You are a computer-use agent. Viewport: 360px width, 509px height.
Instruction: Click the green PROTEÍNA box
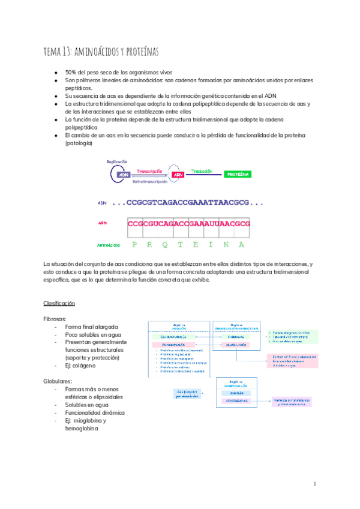tap(238, 175)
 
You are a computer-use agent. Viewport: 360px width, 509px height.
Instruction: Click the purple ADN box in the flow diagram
tap(124, 175)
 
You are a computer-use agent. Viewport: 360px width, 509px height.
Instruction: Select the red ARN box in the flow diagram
tap(178, 175)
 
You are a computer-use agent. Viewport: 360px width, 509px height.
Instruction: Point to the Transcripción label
tap(150, 170)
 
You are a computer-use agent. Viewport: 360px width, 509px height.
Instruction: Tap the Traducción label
tap(202, 171)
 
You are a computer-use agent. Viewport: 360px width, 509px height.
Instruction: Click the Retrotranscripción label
tap(150, 181)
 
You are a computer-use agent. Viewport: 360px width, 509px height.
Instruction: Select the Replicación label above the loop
tap(117, 162)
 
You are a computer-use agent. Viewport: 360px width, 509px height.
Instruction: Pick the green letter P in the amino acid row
tap(134, 245)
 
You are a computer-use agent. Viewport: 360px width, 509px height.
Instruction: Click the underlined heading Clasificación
tap(59, 303)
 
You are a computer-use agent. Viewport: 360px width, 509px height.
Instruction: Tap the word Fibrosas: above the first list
tap(55, 319)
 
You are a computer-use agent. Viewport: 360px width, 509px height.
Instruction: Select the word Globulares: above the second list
tap(58, 381)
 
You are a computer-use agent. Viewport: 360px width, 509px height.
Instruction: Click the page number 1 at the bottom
tap(314, 484)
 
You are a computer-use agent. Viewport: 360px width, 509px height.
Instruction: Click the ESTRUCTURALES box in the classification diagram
tap(173, 337)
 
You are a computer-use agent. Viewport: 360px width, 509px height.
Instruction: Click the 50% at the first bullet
tap(71, 72)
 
